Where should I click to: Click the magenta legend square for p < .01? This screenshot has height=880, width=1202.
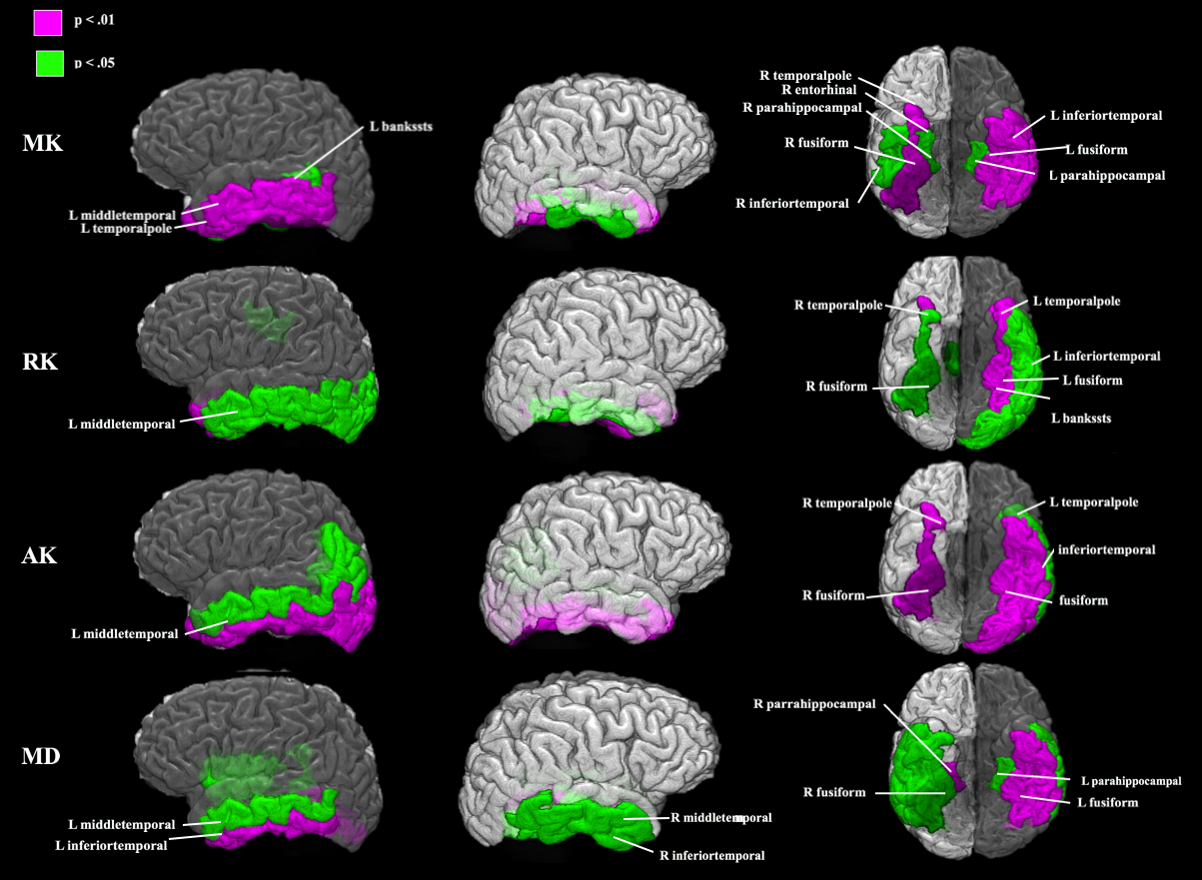pos(48,22)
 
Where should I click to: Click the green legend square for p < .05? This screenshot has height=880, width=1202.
pos(48,64)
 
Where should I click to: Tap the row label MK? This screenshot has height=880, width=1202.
pos(43,144)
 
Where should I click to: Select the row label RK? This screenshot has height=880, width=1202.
pos(40,362)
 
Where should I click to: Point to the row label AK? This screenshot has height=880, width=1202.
pos(40,555)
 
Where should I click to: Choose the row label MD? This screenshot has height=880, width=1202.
pos(41,756)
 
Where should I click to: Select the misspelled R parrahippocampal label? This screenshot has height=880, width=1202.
pos(814,704)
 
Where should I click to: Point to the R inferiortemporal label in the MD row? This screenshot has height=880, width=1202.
pos(711,855)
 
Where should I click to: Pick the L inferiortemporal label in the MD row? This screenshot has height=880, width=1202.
pos(110,846)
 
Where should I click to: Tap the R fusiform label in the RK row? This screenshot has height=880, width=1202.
pos(841,386)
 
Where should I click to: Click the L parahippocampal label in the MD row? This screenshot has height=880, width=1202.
pos(1130,781)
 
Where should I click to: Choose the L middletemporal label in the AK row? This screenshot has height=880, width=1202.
pos(124,633)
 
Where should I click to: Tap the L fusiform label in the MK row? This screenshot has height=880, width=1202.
pos(1095,150)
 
